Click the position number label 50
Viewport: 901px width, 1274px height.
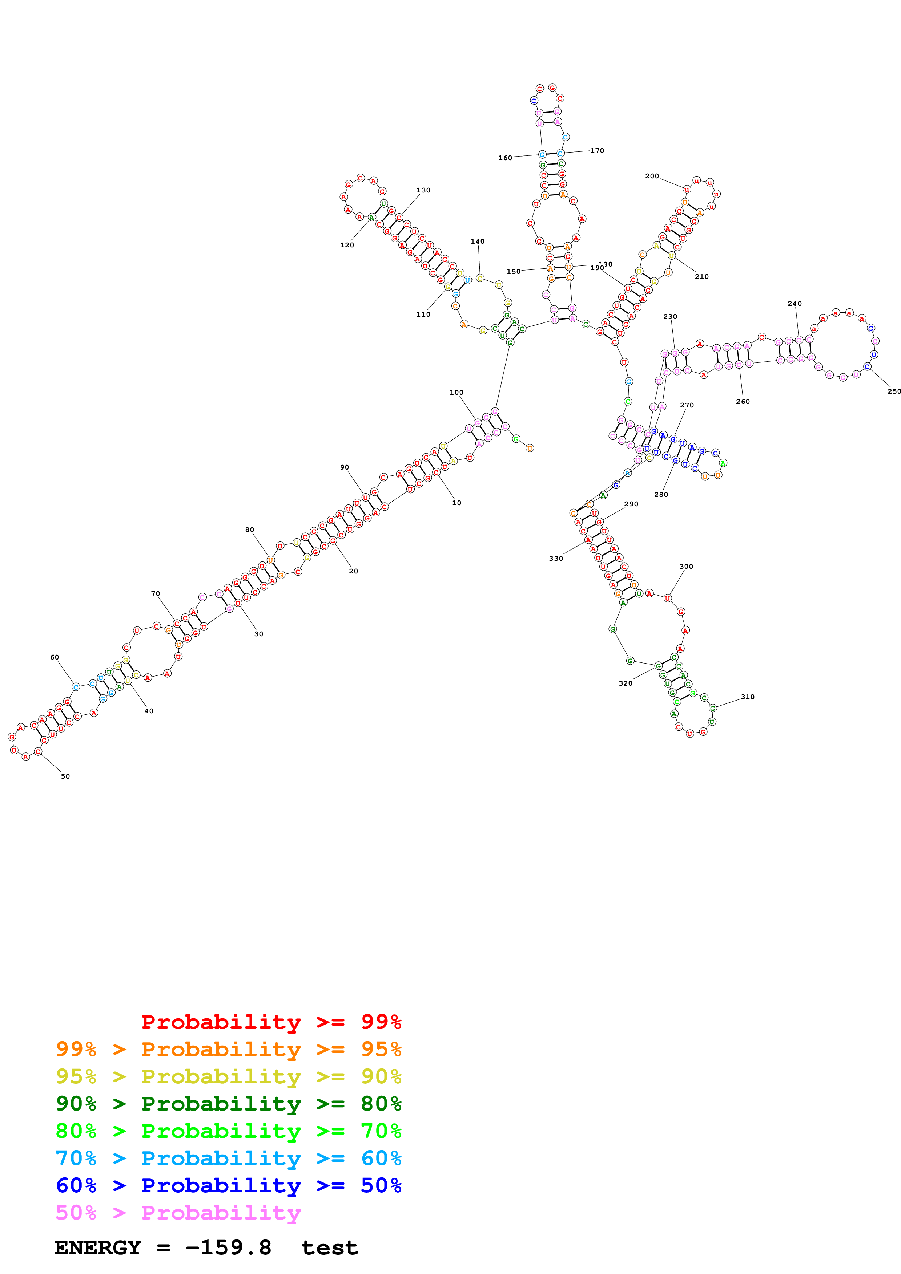(65, 776)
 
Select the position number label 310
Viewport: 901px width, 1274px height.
(747, 697)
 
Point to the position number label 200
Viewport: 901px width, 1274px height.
(652, 176)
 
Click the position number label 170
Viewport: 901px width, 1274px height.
(597, 150)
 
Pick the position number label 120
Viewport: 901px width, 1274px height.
(347, 245)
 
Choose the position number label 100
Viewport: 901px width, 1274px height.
(456, 392)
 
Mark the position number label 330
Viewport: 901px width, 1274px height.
(556, 558)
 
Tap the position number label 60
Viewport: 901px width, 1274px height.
(55, 657)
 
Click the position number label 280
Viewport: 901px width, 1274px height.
(661, 494)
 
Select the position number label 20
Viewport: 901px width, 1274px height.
(353, 571)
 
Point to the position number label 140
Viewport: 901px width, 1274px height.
(478, 242)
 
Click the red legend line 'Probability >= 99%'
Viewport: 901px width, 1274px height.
(271, 1022)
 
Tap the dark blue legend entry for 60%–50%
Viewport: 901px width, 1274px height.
(228, 1185)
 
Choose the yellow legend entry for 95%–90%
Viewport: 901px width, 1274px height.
(228, 1076)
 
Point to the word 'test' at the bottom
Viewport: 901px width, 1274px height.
(330, 1248)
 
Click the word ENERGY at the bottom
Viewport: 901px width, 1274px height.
(98, 1248)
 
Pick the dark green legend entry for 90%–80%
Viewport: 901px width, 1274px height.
(228, 1104)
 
